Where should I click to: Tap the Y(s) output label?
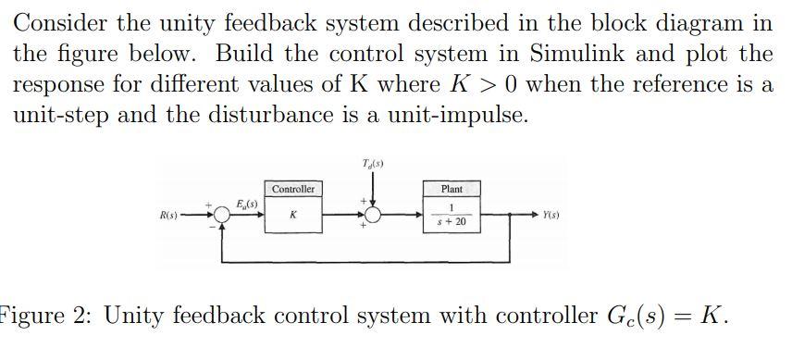(x=551, y=217)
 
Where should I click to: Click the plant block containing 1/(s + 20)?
(x=452, y=216)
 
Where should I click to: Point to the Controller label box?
(x=293, y=189)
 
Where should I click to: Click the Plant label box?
(x=452, y=189)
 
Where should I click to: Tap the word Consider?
(x=64, y=21)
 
